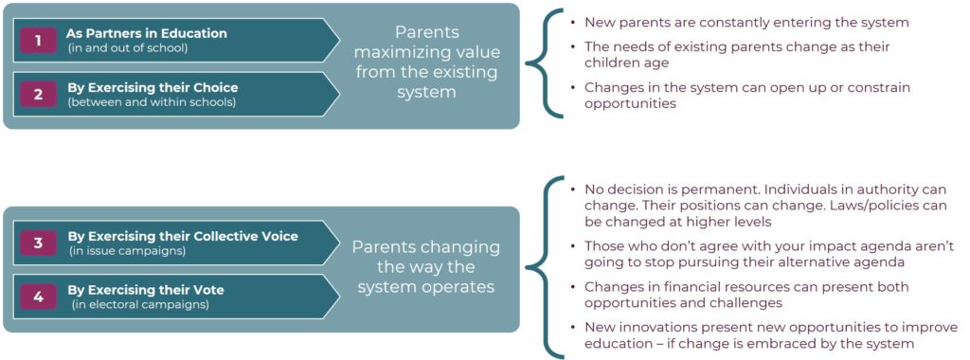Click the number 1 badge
tap(38, 40)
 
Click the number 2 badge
tap(38, 95)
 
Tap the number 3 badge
tap(38, 243)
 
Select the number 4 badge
tap(38, 297)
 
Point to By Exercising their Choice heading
tap(152, 88)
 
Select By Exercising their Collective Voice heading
tap(182, 236)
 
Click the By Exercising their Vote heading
tap(146, 291)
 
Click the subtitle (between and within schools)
tap(152, 101)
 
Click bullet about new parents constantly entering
tap(746, 22)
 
